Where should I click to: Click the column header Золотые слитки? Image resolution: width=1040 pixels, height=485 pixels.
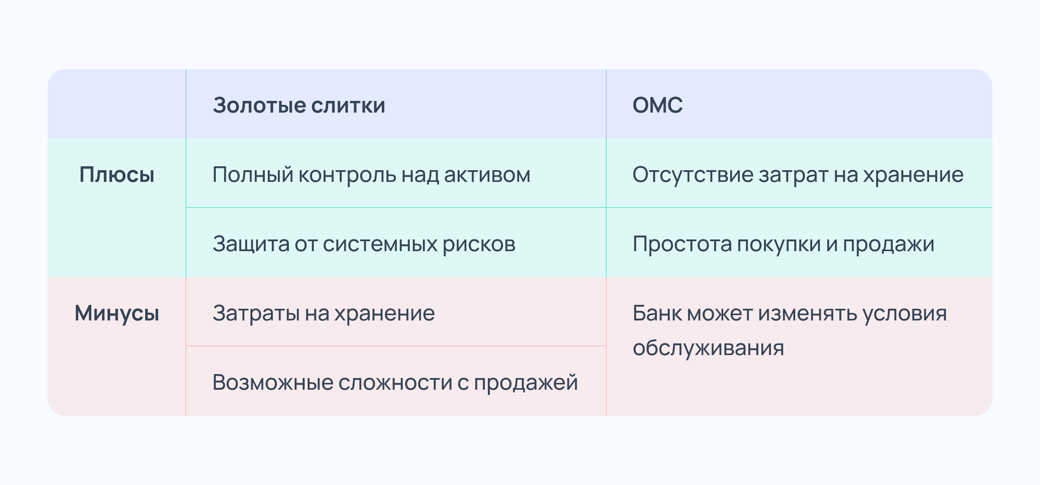point(299,105)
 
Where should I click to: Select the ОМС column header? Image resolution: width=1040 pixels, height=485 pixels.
point(657,105)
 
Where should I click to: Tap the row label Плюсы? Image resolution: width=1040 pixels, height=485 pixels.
point(117,175)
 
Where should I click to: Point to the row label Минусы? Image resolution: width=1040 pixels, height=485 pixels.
point(117,314)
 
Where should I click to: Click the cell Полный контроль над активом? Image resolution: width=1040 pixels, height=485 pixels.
point(371,175)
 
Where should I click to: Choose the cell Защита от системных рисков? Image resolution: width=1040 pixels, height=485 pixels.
point(364,244)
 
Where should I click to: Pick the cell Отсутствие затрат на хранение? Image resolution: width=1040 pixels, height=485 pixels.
point(798,175)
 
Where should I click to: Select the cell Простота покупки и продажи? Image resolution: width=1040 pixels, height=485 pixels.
point(783,244)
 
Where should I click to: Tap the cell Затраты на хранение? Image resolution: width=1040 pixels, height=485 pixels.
point(324,314)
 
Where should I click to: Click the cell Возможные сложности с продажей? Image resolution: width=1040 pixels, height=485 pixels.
point(395,383)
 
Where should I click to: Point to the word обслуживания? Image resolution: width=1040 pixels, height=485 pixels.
point(708,348)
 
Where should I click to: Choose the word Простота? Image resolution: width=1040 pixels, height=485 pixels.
point(682,244)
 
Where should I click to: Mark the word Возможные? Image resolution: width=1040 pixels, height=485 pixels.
point(273,383)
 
